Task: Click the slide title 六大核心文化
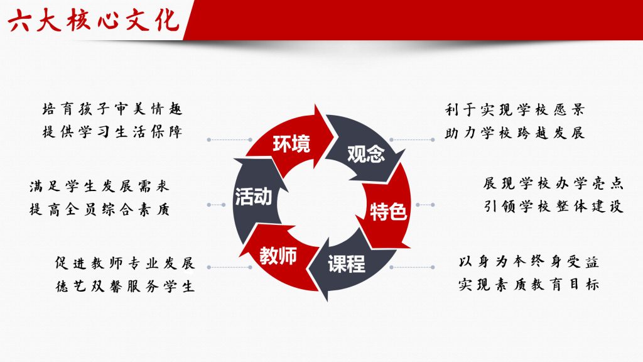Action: [x=94, y=20]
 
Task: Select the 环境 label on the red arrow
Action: [x=291, y=144]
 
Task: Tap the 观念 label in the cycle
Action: [x=366, y=154]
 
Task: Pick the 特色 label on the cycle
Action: [x=388, y=212]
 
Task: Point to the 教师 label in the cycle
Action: [x=278, y=256]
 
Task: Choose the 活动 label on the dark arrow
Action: [x=254, y=197]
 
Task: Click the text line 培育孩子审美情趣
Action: [x=112, y=109]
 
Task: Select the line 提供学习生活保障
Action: [x=112, y=132]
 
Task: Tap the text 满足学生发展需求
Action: [x=99, y=186]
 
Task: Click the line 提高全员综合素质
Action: [x=99, y=210]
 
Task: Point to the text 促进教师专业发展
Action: [x=125, y=263]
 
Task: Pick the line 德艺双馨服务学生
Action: [x=125, y=286]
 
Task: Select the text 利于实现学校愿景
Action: [x=515, y=109]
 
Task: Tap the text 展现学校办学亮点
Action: [x=553, y=183]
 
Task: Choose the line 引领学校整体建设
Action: [x=553, y=206]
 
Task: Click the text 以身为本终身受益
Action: [x=529, y=261]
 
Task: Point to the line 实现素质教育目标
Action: [x=529, y=285]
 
